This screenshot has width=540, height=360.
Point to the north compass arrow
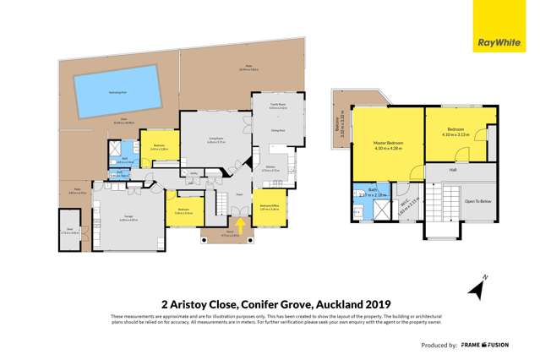(x=478, y=287)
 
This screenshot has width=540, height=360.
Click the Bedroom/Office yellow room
(x=270, y=206)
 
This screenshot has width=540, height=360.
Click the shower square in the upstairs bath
(x=361, y=210)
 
